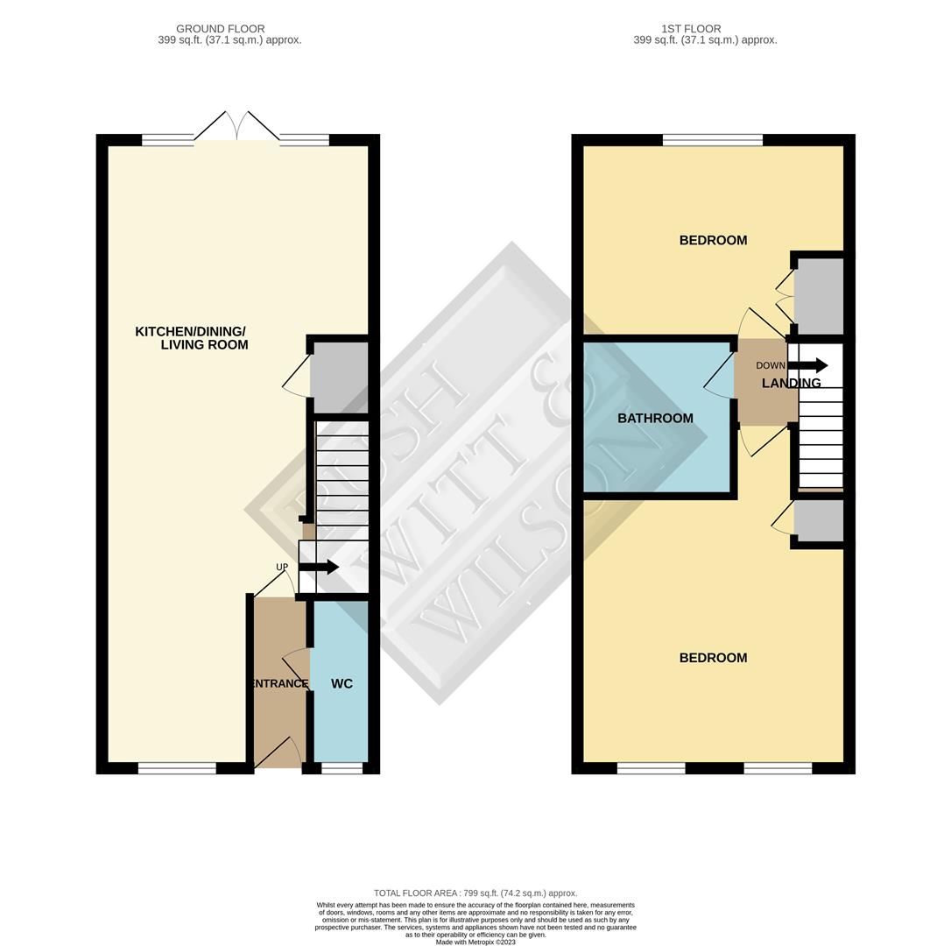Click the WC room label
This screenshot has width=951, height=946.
pos(342,684)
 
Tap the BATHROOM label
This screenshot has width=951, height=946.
pos(655,418)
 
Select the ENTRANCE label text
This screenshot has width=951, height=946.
pos(279,684)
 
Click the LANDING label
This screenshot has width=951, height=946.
pos(791,383)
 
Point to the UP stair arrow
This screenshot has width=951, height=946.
pos(319,568)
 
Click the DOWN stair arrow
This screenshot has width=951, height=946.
pos(807,365)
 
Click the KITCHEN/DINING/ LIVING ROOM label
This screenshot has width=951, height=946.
pos(191,338)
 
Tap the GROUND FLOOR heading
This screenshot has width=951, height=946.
pos(220,29)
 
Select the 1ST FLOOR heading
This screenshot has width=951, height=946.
pos(691,29)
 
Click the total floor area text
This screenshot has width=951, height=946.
pos(475,893)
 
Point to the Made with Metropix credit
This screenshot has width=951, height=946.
pos(475,942)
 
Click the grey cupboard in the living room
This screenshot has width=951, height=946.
pos(339,378)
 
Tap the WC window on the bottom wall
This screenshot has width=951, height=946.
pos(342,768)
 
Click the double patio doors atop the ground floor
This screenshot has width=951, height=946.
pos(237,126)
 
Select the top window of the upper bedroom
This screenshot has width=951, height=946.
pos(713,140)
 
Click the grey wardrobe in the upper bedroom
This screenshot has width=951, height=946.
pos(819,296)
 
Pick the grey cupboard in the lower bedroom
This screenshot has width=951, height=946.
pos(819,520)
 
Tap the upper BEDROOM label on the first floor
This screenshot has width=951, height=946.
pos(713,240)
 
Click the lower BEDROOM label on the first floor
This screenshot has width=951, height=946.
pos(713,658)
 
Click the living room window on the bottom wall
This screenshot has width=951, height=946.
pos(177,768)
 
